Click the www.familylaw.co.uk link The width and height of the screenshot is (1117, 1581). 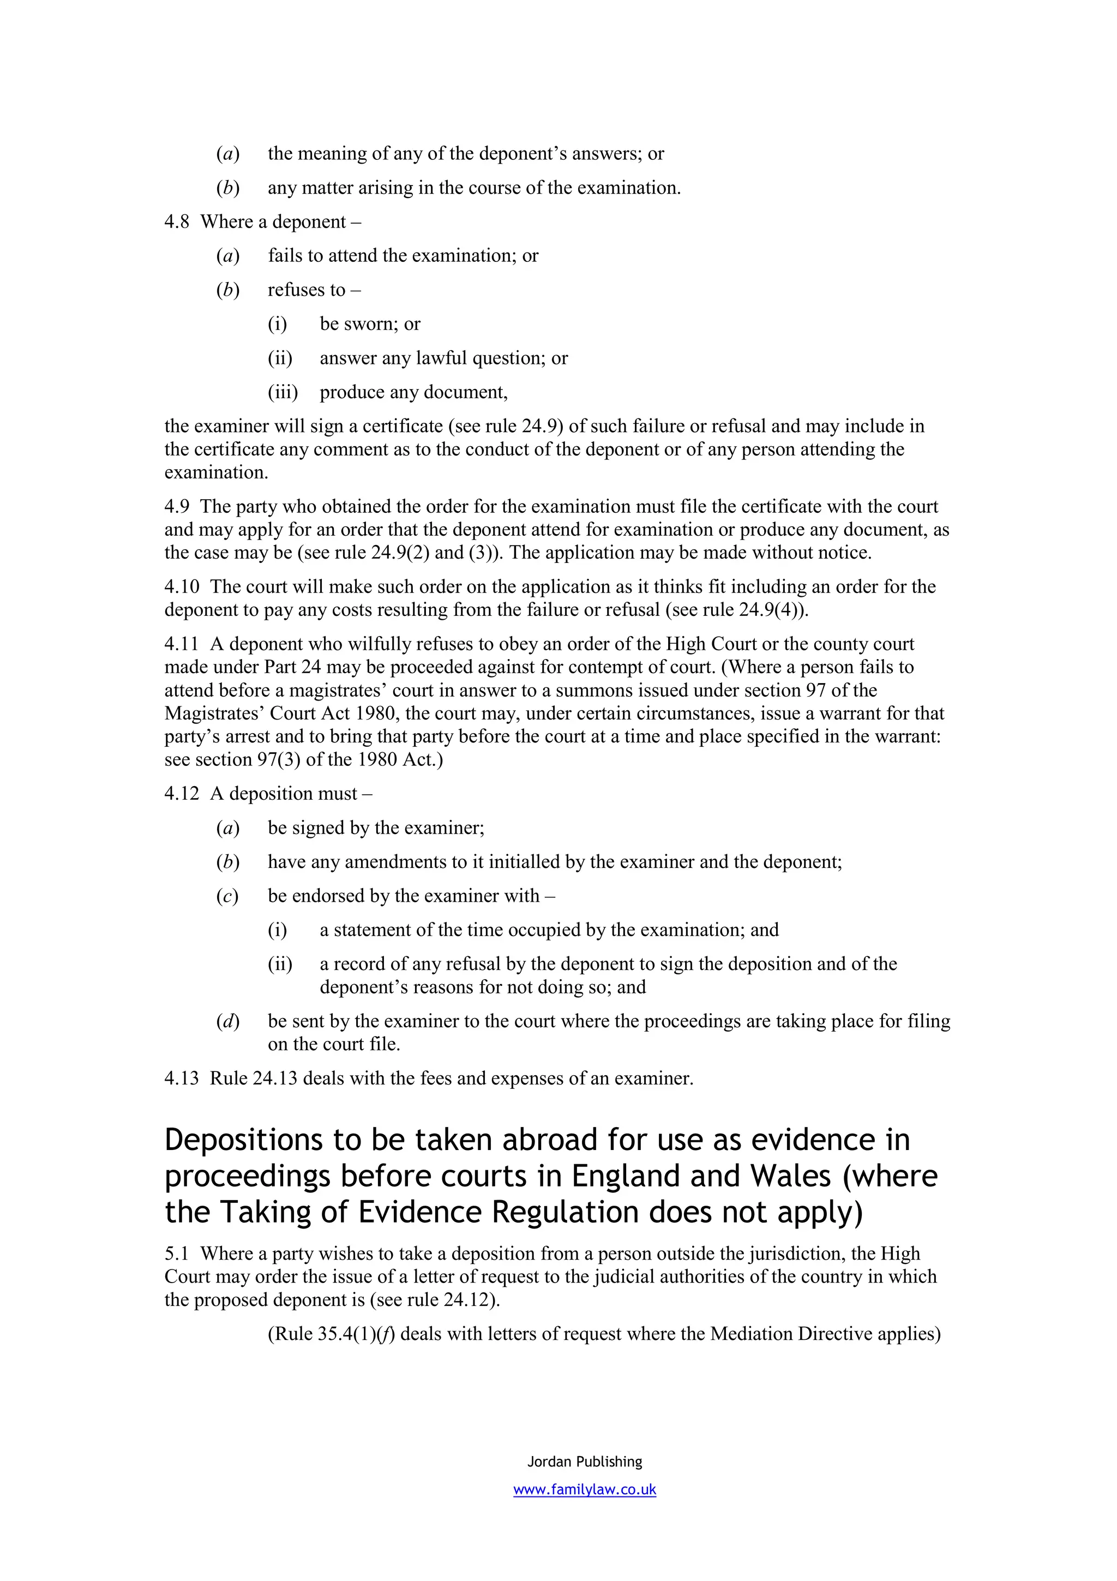pos(584,1489)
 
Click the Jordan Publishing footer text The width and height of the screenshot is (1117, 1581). pos(584,1461)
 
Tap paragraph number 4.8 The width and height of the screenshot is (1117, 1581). pos(177,221)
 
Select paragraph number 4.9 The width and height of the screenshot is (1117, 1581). pos(177,506)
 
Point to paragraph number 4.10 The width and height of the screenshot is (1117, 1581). pos(182,586)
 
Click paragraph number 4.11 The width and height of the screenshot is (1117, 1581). pos(181,644)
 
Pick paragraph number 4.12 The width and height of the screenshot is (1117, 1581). pos(182,793)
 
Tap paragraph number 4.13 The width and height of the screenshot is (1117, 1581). pos(182,1077)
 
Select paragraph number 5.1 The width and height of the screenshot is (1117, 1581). pos(176,1253)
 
